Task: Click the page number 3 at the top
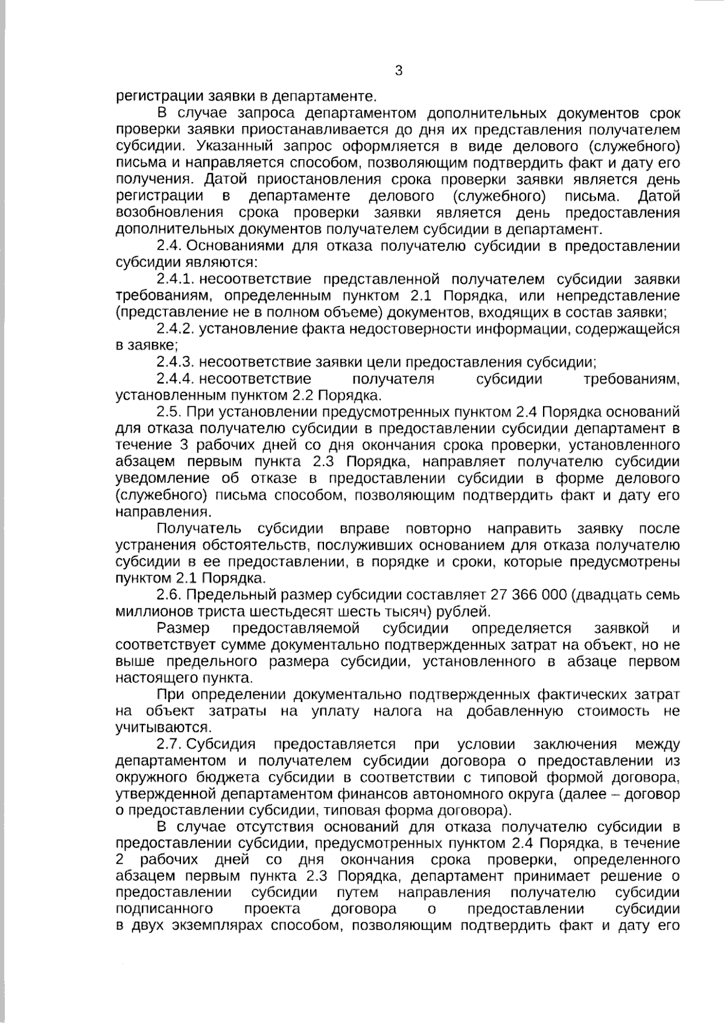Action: tap(398, 71)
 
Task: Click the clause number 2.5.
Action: tap(168, 412)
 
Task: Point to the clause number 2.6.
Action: tap(168, 595)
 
